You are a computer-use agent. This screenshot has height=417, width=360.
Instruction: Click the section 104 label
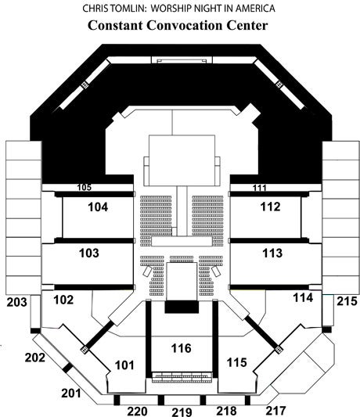tap(98, 207)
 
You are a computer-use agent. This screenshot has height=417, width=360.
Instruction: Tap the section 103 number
tap(89, 253)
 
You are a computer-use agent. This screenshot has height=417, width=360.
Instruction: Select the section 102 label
tap(63, 300)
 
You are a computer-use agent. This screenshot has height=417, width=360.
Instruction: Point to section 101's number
tap(124, 365)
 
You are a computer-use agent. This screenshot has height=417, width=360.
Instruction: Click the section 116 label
tap(181, 348)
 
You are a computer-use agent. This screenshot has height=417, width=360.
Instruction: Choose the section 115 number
tap(237, 362)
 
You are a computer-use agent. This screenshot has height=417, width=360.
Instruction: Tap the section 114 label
tap(303, 298)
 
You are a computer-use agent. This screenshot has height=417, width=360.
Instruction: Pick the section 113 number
tap(272, 253)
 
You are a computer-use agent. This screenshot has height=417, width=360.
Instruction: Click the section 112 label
tap(270, 207)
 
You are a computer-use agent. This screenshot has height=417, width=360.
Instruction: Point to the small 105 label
tap(84, 187)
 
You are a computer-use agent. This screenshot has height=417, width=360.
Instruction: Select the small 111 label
tap(259, 188)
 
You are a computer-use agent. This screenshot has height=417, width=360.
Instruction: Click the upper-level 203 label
tap(16, 302)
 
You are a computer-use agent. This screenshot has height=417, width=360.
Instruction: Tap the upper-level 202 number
tap(35, 358)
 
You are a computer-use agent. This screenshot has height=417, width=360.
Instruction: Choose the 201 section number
tap(71, 393)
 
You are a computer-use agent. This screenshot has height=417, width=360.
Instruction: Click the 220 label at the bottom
tap(137, 412)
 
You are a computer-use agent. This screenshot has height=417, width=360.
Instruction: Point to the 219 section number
tap(182, 412)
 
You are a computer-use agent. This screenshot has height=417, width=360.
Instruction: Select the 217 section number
tap(276, 411)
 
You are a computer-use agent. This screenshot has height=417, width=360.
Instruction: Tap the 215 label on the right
tap(347, 301)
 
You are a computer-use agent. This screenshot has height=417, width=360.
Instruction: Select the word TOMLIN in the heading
tap(128, 9)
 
